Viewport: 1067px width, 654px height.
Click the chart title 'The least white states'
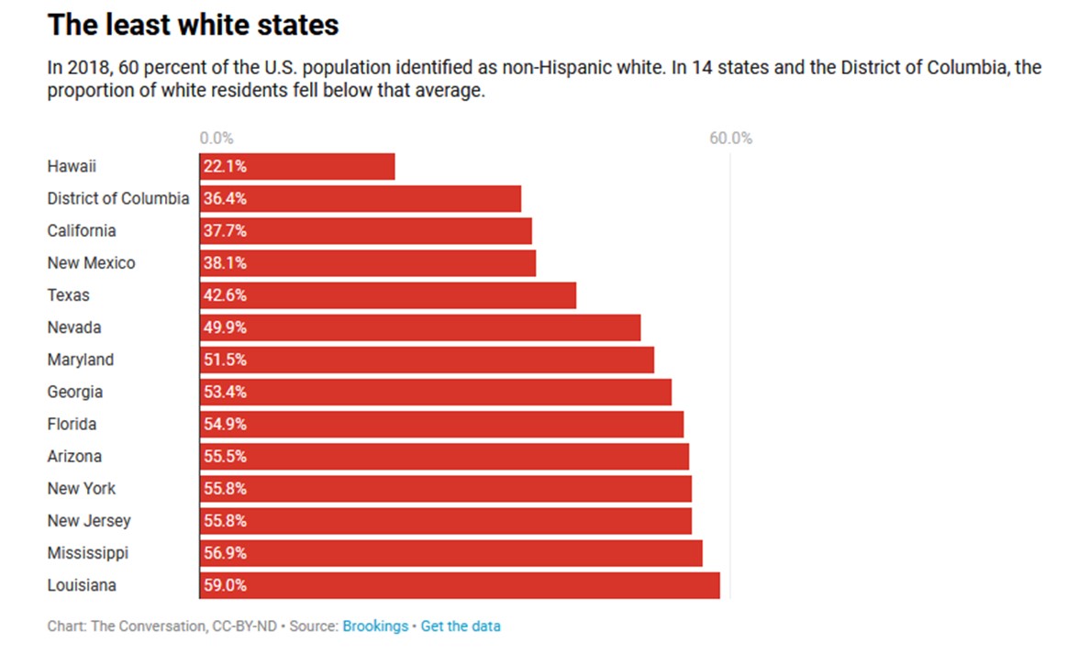tap(193, 25)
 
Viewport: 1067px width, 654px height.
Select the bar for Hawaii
tap(297, 166)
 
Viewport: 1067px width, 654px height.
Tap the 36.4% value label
tap(225, 198)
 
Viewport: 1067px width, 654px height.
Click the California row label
tap(82, 230)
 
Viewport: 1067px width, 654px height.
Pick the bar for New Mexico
tap(367, 263)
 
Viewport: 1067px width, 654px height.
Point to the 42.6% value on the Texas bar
tap(225, 295)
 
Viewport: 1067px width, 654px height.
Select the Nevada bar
tap(419, 327)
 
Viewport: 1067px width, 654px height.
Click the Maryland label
tap(81, 360)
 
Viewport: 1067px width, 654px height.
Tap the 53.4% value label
tap(225, 392)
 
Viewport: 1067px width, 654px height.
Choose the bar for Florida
tap(441, 424)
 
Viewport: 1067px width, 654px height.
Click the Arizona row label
tap(75, 456)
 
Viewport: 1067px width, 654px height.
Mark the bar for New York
tap(445, 488)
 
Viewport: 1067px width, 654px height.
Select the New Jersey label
tap(89, 520)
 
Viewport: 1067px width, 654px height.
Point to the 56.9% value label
tap(225, 553)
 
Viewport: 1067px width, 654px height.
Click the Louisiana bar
tap(459, 585)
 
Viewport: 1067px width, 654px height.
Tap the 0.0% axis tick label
tap(217, 139)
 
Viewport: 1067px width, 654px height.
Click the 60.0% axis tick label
tap(730, 139)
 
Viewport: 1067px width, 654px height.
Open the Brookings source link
tap(375, 626)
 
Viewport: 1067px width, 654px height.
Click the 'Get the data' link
tap(461, 626)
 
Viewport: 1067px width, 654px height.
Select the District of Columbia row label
tap(118, 198)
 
